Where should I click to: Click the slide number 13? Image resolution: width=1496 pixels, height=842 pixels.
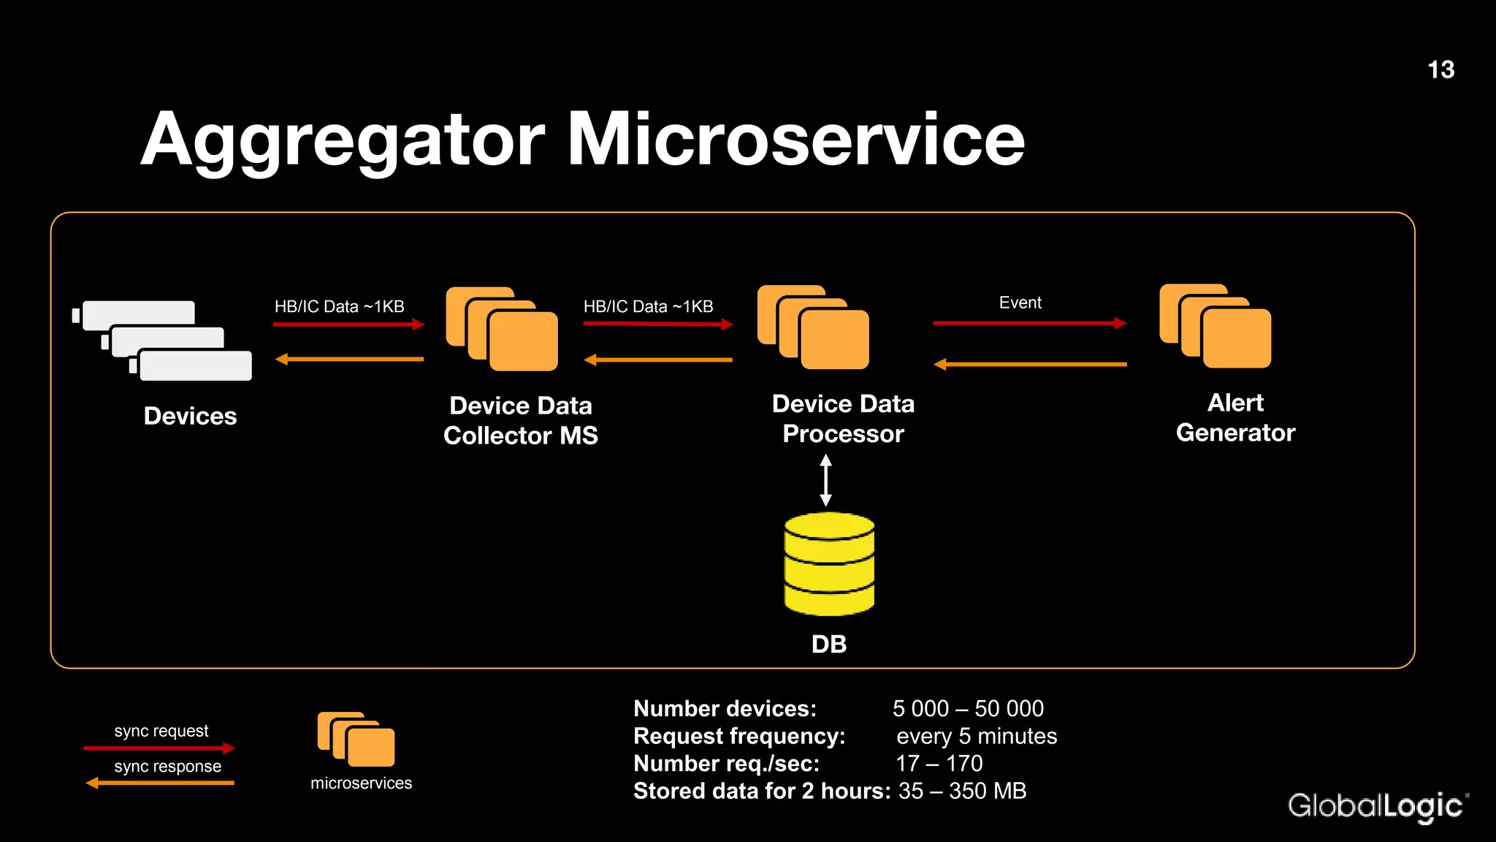coord(1440,70)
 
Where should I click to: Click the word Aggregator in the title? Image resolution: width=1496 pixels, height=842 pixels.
coord(343,140)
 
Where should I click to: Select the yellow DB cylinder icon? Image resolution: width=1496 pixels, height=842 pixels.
coord(829,564)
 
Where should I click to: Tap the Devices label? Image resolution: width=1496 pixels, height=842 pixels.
coord(190,416)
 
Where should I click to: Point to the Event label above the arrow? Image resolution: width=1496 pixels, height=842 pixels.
coord(1020,303)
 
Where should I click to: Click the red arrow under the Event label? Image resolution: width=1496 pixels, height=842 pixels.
coord(1029,322)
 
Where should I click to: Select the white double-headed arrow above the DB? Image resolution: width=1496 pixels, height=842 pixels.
coord(825,480)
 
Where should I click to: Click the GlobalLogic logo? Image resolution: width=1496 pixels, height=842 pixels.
coord(1376,806)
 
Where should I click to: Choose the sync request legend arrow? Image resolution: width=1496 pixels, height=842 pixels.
coord(159,748)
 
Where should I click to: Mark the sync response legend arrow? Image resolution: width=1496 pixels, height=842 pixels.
coord(160,783)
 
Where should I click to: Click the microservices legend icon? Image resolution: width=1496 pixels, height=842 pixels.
coord(356,739)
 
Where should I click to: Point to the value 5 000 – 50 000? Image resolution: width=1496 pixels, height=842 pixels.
coord(968,708)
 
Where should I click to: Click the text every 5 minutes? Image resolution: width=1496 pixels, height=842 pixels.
coord(977,736)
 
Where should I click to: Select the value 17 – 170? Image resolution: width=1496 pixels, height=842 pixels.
coord(939,764)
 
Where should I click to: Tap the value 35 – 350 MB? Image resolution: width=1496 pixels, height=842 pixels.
coord(962,791)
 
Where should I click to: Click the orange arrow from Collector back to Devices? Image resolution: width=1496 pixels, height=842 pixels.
coord(349,359)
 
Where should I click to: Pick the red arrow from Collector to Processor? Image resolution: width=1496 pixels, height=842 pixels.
coord(658,323)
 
